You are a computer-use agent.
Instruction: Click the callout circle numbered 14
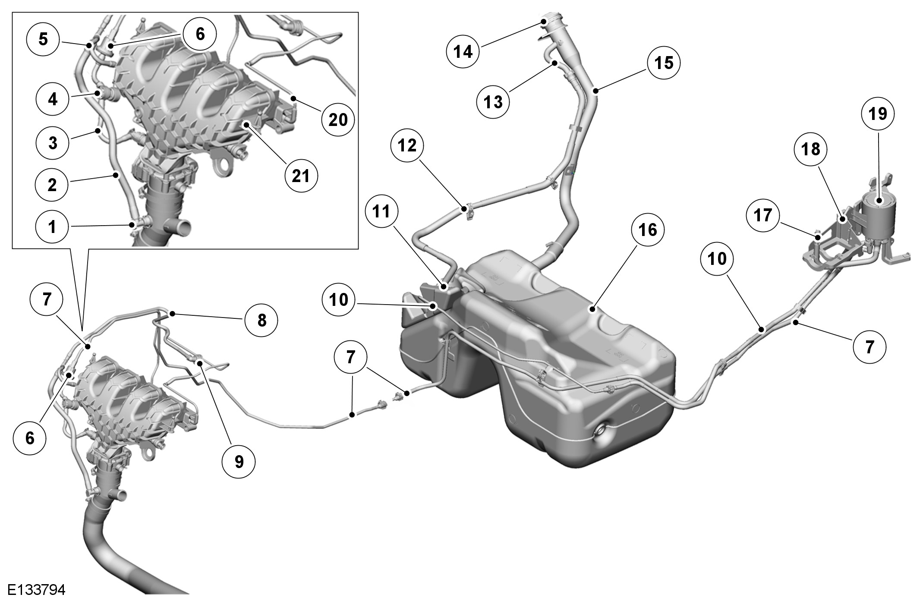click(463, 52)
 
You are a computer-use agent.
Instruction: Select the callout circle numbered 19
click(878, 114)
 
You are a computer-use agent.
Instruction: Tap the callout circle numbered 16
click(648, 230)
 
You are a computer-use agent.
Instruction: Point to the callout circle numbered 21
click(301, 176)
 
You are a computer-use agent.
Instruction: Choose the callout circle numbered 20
click(338, 120)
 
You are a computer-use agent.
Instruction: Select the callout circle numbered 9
click(239, 462)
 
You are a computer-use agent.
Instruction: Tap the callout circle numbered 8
click(261, 321)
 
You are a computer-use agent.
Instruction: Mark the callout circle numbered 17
click(763, 215)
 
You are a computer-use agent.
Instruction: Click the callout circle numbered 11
click(381, 211)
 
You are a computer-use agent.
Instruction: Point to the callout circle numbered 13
click(493, 102)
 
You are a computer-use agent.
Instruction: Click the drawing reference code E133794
click(36, 590)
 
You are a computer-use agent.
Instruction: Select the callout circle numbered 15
click(664, 63)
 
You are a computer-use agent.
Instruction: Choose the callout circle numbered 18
click(810, 149)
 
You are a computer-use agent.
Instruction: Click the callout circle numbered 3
click(53, 142)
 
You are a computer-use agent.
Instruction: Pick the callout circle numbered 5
click(43, 39)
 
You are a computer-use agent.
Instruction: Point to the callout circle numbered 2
click(52, 185)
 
